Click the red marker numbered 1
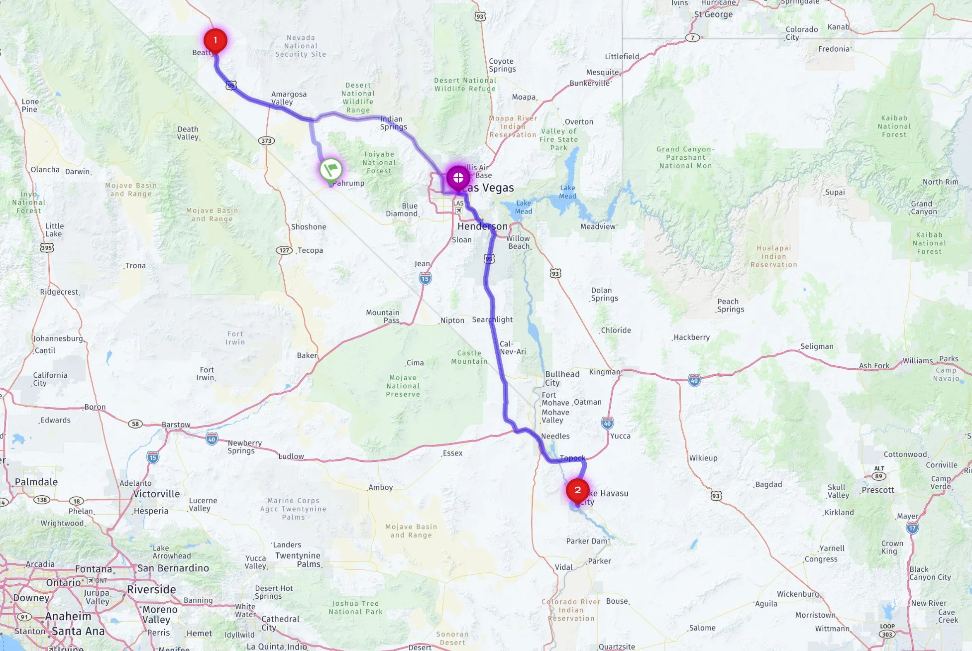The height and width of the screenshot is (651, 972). click(x=215, y=40)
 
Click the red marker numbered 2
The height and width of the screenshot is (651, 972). click(x=577, y=490)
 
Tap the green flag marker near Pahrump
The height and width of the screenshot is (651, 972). click(x=330, y=169)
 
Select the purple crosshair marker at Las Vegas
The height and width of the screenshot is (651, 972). click(x=458, y=177)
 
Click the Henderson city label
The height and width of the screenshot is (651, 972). click(x=482, y=226)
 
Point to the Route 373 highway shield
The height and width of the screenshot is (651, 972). click(x=266, y=141)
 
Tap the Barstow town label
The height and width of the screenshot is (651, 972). click(x=176, y=425)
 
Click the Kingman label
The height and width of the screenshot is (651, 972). click(x=605, y=372)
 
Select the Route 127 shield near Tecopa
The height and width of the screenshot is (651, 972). click(x=284, y=250)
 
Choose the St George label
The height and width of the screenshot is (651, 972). click(x=713, y=14)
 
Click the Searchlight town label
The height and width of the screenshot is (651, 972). click(x=492, y=320)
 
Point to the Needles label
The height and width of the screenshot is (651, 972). click(x=555, y=436)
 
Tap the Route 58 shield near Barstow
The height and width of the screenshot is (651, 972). click(x=135, y=424)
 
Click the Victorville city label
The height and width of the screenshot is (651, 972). click(x=157, y=494)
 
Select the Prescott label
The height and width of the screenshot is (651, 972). click(x=878, y=490)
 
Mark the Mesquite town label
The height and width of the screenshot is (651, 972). click(x=602, y=72)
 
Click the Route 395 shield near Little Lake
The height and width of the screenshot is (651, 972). click(x=47, y=247)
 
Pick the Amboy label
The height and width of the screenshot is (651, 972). click(x=381, y=488)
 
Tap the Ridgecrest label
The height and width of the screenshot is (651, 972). click(x=59, y=292)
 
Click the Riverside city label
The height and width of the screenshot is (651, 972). click(x=151, y=590)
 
